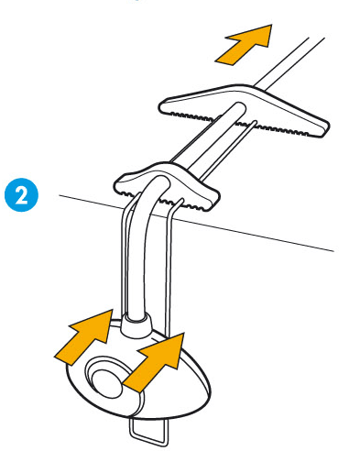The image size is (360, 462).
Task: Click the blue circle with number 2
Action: pos(21,195)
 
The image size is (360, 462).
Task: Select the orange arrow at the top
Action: pos(245,44)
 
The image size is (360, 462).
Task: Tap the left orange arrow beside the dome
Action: pos(85,336)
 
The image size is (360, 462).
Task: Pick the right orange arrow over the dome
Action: pos(156,362)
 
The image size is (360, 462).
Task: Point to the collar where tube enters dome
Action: pos(136,325)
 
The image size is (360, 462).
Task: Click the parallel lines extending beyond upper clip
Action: pos(290,62)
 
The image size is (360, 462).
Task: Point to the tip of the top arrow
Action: pos(271,25)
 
